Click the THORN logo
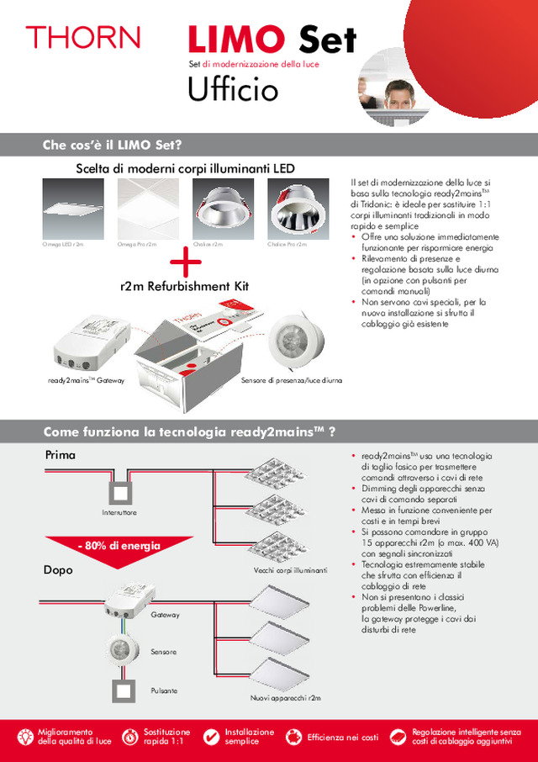coord(82,37)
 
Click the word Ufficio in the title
coord(233,89)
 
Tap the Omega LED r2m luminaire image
coord(72,208)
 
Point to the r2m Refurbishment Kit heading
coord(185,287)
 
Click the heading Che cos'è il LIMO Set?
coord(113,145)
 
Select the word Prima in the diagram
coord(60,455)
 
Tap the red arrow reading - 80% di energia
coord(115,548)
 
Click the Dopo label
coord(59,570)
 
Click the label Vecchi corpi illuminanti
coord(289,570)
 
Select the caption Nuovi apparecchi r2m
coord(286,699)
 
